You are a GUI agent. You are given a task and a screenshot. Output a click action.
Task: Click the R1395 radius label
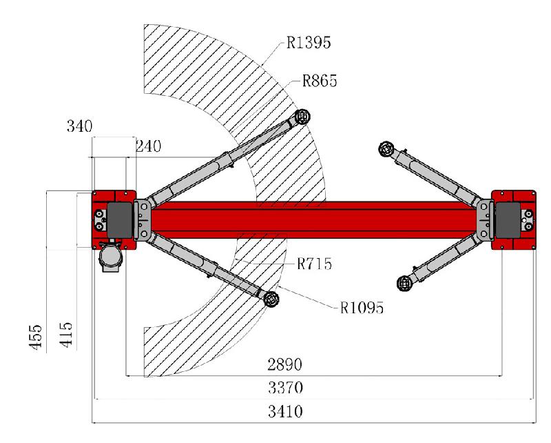pos(309,43)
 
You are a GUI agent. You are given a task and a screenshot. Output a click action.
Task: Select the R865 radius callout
pos(320,81)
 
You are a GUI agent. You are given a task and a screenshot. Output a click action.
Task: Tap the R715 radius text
pos(314,264)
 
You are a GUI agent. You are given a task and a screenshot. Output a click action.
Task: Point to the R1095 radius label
pos(362,308)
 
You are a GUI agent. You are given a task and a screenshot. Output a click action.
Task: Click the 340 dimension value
pos(79,126)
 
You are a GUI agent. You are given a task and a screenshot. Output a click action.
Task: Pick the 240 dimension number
pos(148,146)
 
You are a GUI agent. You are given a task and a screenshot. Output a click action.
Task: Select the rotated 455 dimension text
pos(35,337)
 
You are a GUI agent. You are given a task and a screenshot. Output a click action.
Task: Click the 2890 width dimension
pos(284,364)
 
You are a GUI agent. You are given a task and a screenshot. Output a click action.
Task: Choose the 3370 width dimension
pos(285,388)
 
